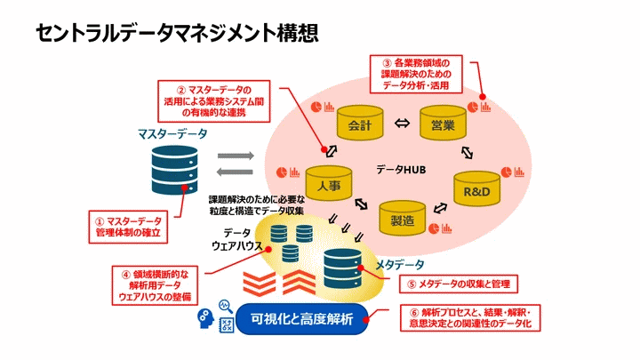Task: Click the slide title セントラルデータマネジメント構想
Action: (x=177, y=33)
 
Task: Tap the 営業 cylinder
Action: (x=442, y=124)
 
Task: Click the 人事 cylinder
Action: (x=329, y=185)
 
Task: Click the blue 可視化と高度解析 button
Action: (x=302, y=319)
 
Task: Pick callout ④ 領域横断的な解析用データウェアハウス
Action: (x=156, y=285)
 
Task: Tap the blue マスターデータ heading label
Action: (x=172, y=134)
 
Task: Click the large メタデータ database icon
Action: (x=343, y=270)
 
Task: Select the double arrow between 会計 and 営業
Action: (x=401, y=124)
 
